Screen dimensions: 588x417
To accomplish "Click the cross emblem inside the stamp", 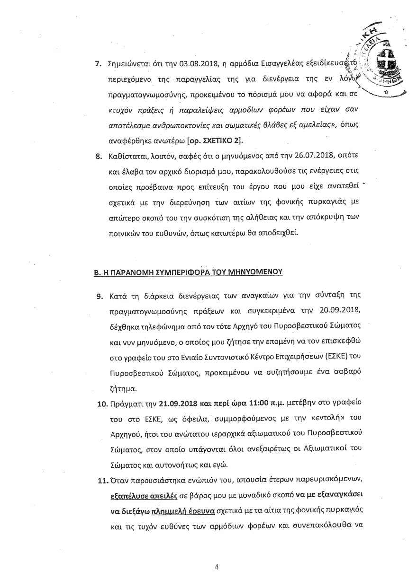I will tap(383, 66).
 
